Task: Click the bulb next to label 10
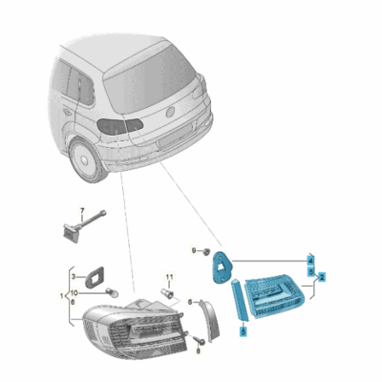coord(112,291)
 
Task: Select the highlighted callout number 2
coord(323,278)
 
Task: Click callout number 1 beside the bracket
coord(63,295)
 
